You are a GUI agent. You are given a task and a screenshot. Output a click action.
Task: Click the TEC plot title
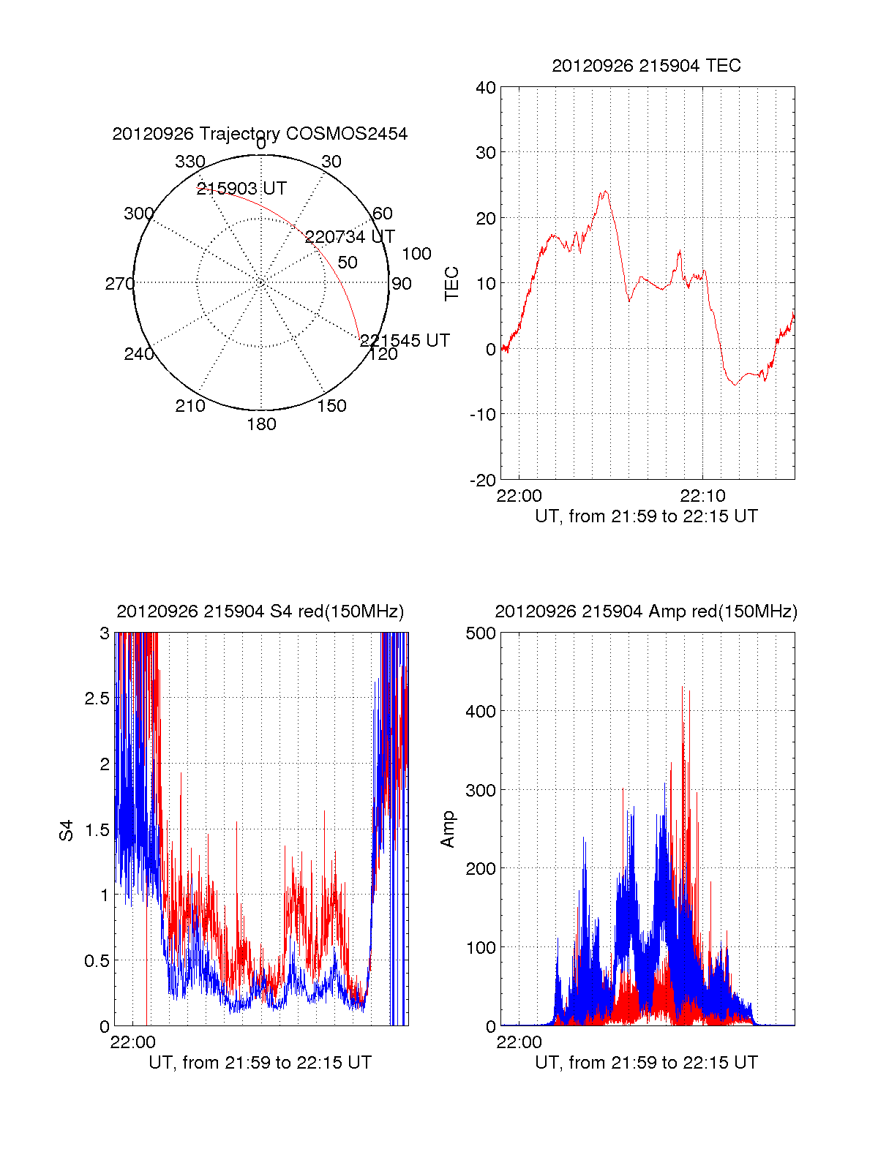click(646, 66)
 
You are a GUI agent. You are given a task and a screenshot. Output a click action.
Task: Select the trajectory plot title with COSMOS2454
click(260, 134)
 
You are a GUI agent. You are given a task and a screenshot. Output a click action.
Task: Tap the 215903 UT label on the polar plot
click(241, 189)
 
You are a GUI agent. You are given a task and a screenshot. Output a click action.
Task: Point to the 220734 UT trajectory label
click(350, 237)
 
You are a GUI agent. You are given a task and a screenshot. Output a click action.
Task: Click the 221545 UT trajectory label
click(405, 341)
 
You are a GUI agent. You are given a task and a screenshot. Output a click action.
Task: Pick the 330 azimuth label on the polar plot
click(190, 162)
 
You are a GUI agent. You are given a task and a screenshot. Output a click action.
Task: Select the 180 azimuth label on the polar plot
click(261, 424)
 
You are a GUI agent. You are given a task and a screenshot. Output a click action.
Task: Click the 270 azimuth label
click(119, 284)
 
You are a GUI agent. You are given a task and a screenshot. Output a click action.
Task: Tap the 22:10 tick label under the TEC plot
click(702, 496)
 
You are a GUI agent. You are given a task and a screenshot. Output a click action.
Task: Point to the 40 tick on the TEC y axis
click(486, 88)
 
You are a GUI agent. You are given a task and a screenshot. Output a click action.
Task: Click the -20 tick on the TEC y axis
click(483, 481)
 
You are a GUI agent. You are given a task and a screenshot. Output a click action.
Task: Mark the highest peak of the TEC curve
click(605, 192)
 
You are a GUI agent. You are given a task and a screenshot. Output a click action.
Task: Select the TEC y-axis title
click(452, 284)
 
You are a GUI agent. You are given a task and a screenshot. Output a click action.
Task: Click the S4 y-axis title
click(67, 830)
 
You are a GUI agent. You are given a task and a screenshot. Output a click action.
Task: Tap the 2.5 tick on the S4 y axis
click(97, 699)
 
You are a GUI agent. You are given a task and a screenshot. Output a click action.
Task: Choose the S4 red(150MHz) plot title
click(260, 611)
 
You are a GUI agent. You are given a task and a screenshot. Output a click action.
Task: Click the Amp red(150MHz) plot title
click(646, 611)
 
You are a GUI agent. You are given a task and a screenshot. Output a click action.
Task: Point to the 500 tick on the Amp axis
click(481, 633)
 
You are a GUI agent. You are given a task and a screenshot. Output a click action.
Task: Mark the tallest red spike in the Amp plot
click(683, 688)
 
